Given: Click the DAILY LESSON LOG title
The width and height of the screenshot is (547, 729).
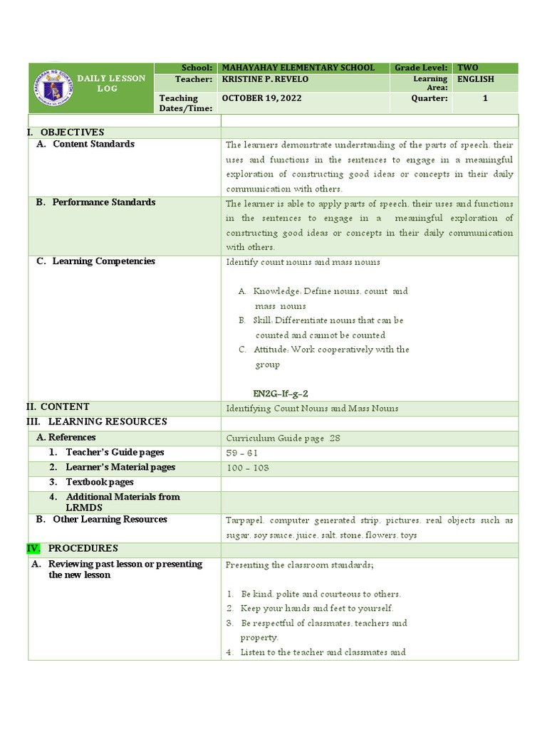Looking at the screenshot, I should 111,83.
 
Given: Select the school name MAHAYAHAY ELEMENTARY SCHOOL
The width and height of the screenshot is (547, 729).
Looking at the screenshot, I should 298,68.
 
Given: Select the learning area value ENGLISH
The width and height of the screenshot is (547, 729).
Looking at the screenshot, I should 476,80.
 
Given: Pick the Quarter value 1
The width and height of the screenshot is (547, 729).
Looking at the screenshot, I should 485,98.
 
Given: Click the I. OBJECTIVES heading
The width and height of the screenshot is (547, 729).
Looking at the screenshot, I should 66,132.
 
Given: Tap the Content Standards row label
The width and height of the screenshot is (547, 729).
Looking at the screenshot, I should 93,145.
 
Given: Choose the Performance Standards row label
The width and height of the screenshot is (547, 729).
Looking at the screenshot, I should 103,203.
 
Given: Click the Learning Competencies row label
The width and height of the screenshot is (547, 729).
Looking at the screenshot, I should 103,261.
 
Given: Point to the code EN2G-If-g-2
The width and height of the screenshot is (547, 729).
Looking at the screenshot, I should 280,393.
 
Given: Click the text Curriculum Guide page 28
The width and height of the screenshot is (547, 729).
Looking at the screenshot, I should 283,438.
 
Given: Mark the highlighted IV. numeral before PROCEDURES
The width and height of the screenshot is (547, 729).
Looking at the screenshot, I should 33,549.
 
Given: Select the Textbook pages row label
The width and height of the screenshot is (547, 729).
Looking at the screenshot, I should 100,483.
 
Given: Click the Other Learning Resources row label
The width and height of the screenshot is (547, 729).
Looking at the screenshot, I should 110,520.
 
